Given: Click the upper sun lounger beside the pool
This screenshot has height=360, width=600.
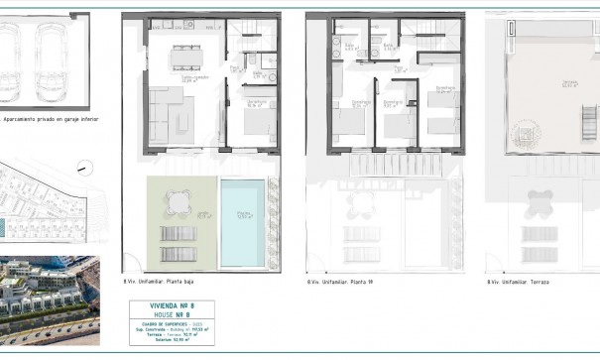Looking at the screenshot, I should pyautogui.click(x=177, y=231).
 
